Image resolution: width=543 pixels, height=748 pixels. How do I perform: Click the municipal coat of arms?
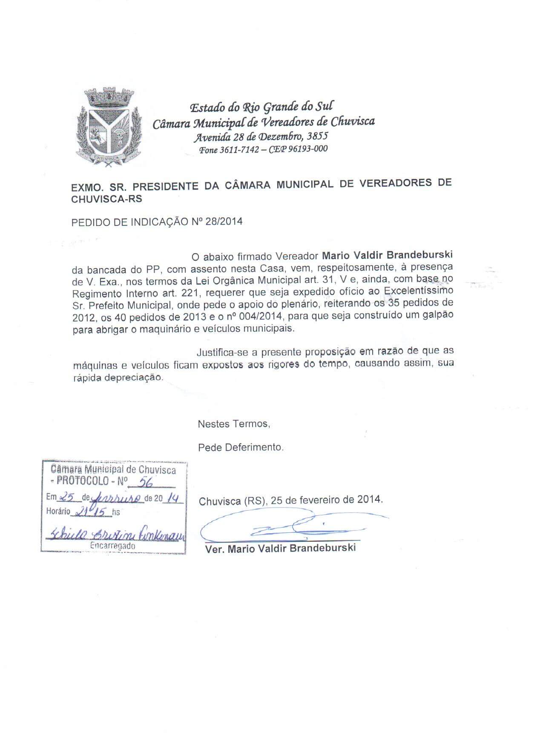click(109, 126)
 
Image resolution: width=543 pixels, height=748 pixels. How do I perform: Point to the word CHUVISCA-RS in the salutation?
click(107, 199)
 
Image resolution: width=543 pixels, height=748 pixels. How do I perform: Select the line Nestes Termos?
click(234, 424)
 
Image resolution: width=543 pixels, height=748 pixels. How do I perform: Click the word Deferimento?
click(254, 447)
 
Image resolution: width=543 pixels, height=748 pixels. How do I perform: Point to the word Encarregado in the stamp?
click(113, 546)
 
